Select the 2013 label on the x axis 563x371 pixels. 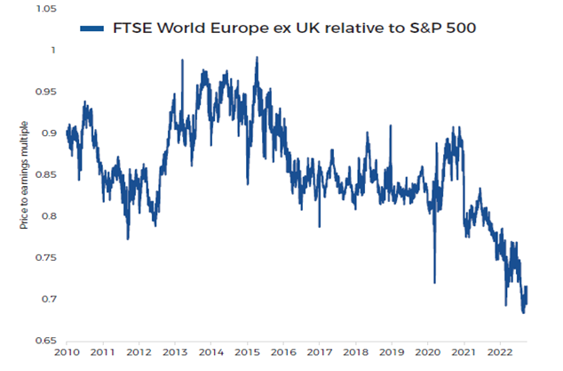[174, 352]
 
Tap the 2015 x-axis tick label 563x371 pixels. [246, 352]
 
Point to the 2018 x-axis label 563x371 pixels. [354, 352]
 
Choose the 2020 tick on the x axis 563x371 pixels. [426, 352]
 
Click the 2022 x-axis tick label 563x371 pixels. [498, 352]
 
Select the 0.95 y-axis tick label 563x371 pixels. [44, 92]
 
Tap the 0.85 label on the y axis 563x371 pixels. [44, 174]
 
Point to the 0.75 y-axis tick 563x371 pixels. [44, 258]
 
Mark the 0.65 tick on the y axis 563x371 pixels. [44, 341]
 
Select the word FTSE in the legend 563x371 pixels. [132, 28]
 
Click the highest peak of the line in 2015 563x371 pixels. [257, 58]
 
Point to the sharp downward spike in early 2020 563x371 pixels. [434, 282]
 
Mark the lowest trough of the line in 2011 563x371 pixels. [128, 238]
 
